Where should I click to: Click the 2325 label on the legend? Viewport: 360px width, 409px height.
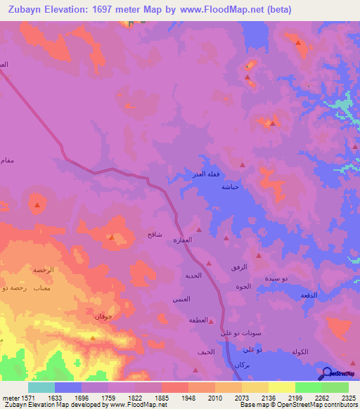point(348,397)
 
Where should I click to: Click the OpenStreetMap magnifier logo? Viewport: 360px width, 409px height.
point(327,373)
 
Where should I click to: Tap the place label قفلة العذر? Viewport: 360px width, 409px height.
point(210,174)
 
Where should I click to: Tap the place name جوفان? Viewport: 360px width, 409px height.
point(103,317)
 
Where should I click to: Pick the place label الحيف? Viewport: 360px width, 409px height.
point(206,351)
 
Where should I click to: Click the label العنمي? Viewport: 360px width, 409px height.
point(181,299)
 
